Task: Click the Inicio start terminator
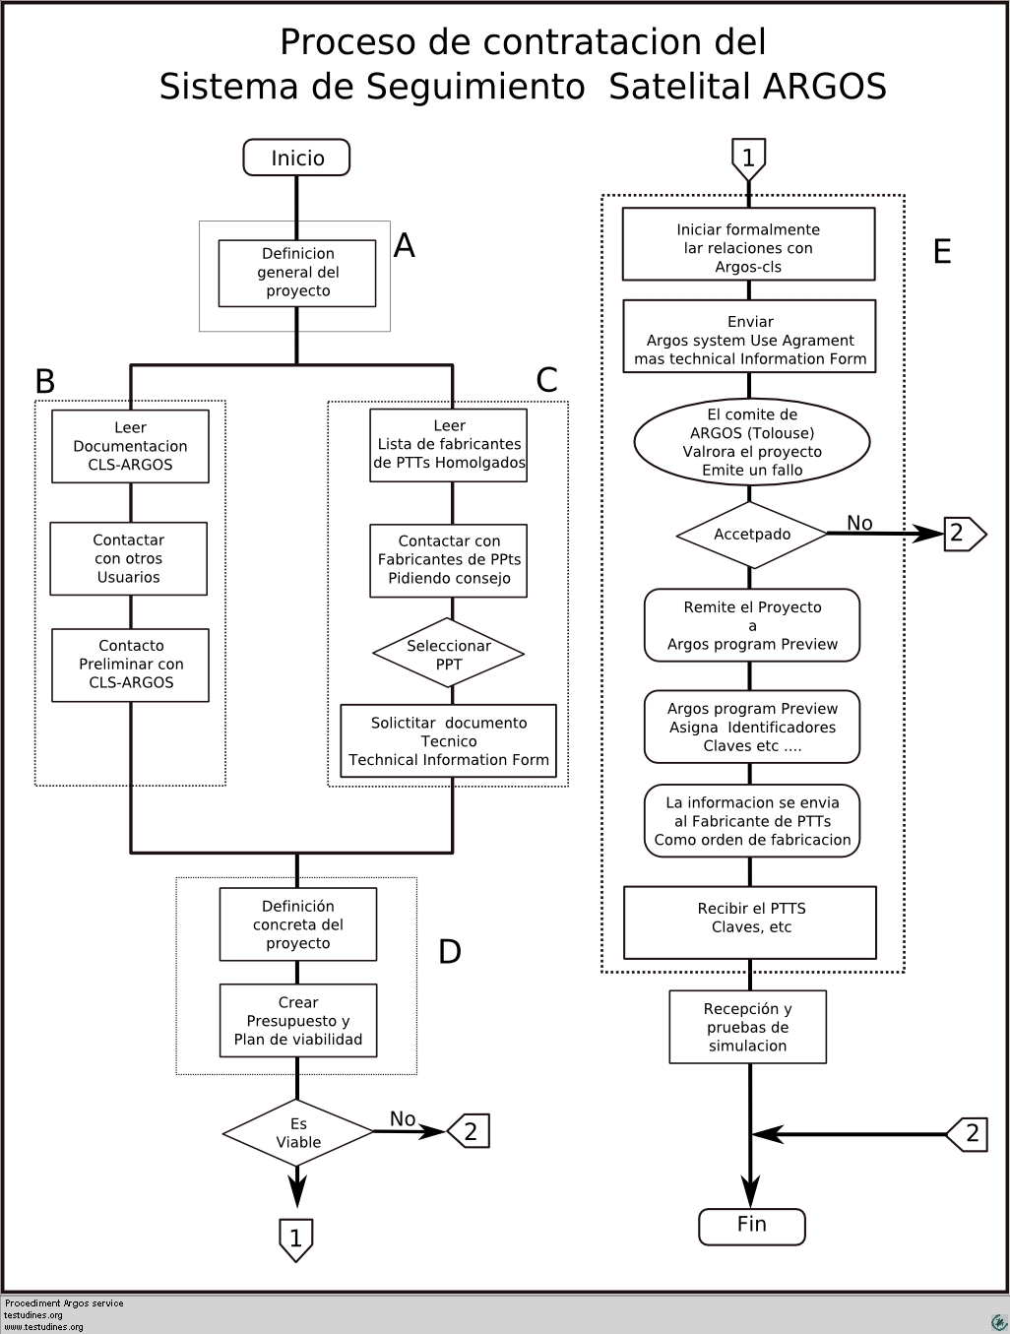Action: click(296, 158)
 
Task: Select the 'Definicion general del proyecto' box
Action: click(297, 273)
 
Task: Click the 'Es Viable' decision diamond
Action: click(297, 1132)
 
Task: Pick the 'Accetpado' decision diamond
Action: click(752, 535)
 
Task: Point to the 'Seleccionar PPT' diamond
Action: click(449, 654)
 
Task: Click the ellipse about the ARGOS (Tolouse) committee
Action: click(752, 442)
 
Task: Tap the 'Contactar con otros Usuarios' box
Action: click(128, 558)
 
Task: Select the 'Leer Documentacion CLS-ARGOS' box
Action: click(130, 446)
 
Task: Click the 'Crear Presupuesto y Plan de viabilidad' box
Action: click(297, 1020)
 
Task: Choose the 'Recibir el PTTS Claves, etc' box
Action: click(750, 921)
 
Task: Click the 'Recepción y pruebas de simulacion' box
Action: click(747, 1027)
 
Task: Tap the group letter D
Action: click(450, 951)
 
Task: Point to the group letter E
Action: click(942, 251)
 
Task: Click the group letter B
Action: click(45, 382)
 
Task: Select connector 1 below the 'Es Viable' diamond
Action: click(296, 1239)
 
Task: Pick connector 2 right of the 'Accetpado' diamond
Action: click(965, 535)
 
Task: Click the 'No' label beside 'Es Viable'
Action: click(403, 1118)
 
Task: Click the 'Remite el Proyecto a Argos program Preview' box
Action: click(752, 625)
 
